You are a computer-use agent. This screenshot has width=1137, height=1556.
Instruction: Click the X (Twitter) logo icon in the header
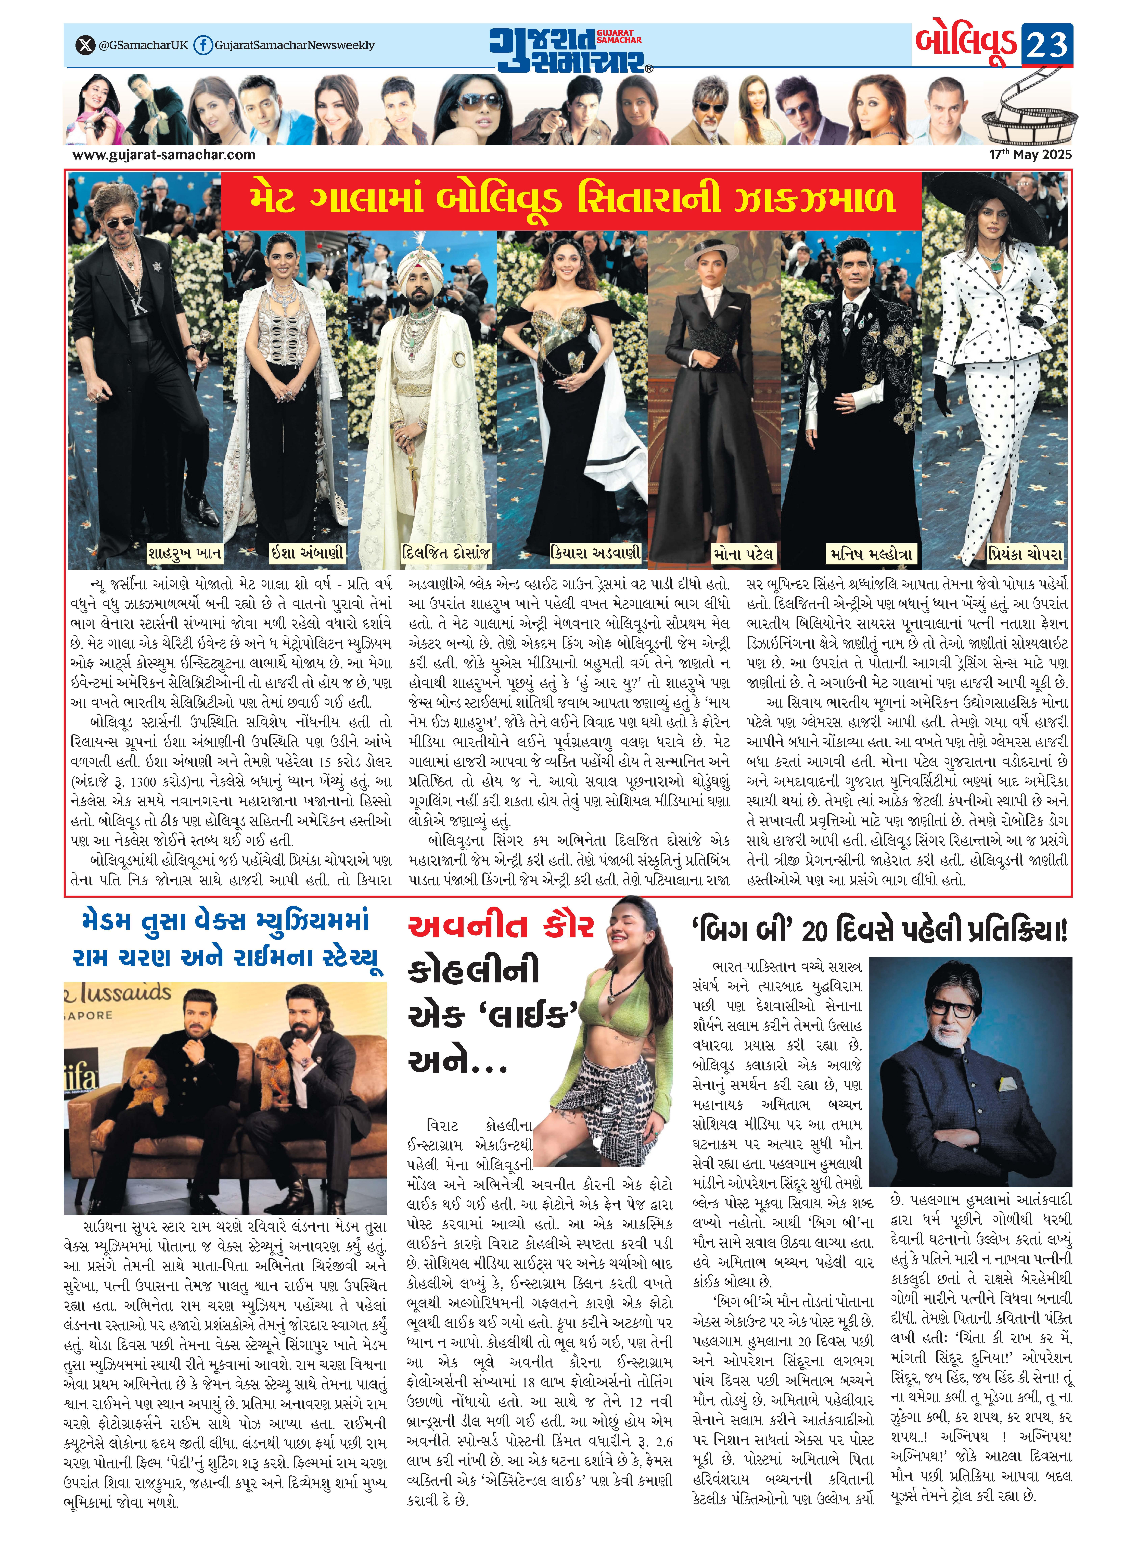tap(85, 45)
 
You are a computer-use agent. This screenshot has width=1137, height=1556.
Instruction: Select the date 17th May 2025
tap(1030, 155)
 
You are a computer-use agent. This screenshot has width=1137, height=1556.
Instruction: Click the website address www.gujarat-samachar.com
tap(164, 155)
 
